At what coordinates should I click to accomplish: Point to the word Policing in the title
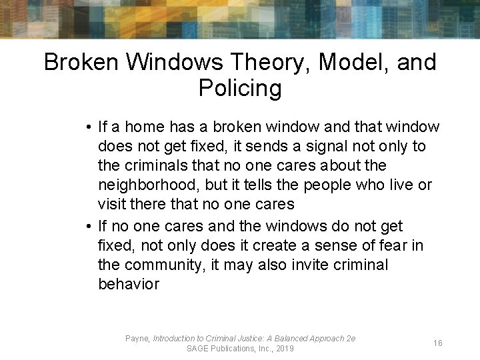(240, 88)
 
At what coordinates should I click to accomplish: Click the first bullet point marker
(89, 127)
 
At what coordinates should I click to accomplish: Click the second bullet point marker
(89, 226)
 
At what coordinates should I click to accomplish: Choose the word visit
(111, 204)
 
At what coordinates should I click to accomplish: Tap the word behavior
(129, 284)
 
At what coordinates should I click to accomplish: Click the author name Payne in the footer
(137, 339)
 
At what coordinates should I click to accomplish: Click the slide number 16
(438, 343)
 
